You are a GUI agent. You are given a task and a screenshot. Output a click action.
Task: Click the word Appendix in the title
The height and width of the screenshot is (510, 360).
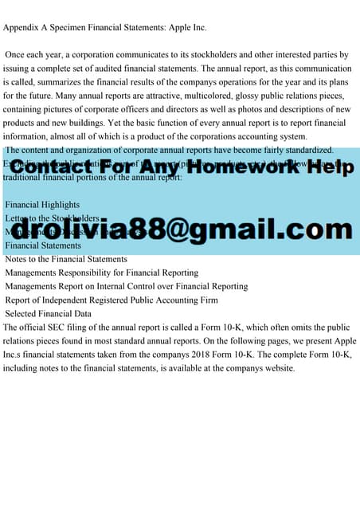(25, 29)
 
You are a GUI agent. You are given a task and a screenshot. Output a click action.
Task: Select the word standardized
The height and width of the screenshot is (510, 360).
(307, 150)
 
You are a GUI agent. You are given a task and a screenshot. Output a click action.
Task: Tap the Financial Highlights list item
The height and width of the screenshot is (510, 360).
(42, 205)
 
